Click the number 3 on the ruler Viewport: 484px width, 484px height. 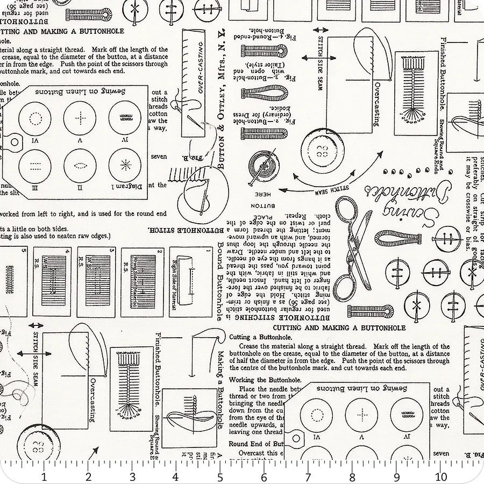[x=132, y=476]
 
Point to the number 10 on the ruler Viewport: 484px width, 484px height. [x=441, y=476]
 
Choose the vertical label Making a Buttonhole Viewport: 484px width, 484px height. [x=220, y=388]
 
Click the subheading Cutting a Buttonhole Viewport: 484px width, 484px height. [x=253, y=337]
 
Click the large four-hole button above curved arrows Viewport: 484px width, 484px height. [x=323, y=153]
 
